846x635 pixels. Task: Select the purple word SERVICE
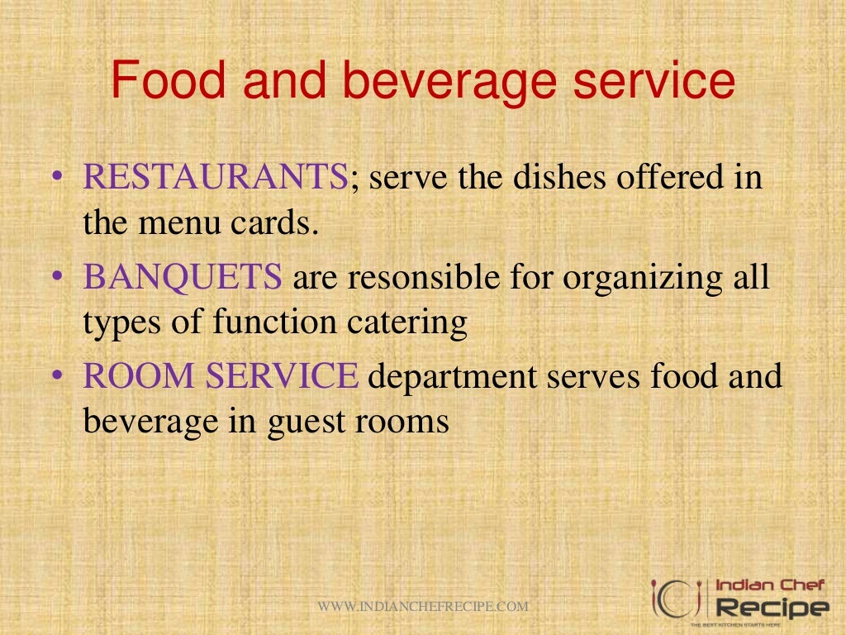pos(282,377)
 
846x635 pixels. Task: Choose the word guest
pos(305,423)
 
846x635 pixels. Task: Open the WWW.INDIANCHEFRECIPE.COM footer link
pos(423,607)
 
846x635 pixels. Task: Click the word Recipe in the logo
pos(772,609)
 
